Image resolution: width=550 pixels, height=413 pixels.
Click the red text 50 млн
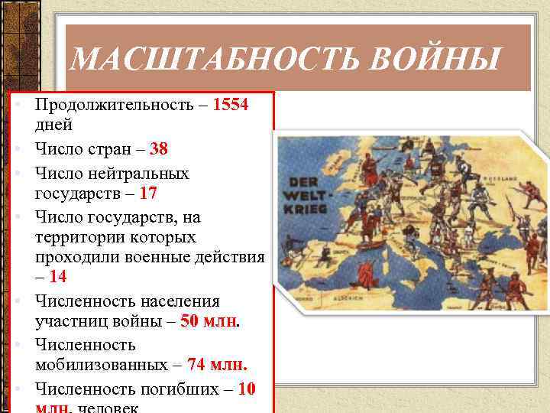pos(209,322)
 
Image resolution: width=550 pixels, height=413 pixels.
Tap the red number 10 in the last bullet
pos(247,389)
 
